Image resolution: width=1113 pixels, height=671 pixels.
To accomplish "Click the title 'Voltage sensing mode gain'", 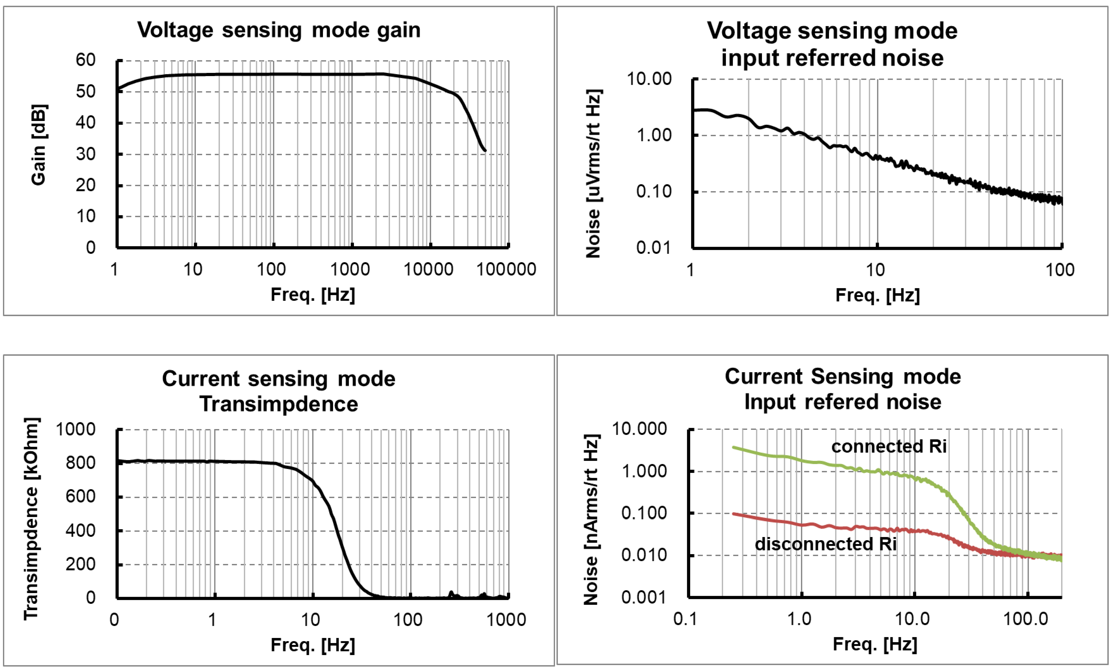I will point(279,30).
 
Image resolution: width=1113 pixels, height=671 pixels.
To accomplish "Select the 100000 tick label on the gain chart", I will point(506,269).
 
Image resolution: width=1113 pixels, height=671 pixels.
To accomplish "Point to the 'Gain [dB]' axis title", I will point(38,145).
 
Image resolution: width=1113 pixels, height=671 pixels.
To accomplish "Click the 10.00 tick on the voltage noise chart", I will point(649,79).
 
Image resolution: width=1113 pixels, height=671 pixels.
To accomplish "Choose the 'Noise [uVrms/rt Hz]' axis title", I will point(593,174).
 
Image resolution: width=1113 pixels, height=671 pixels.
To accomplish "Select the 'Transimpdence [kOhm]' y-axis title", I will point(32,519).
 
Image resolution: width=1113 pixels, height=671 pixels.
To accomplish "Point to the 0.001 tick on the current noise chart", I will point(644,597).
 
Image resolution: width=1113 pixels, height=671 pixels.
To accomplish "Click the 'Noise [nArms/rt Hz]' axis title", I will point(591,520).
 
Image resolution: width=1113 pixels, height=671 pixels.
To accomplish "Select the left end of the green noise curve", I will point(734,447).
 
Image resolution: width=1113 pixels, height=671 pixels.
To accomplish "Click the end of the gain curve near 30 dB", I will point(485,150).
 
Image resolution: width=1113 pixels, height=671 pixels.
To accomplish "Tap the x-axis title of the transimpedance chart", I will point(313,645).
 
